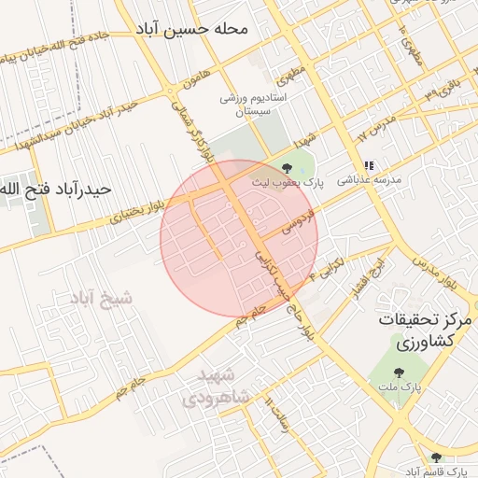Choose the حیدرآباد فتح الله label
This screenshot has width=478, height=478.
[x=56, y=190]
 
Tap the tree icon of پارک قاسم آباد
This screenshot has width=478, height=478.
[x=435, y=457]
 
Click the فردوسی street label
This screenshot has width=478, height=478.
[x=303, y=221]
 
